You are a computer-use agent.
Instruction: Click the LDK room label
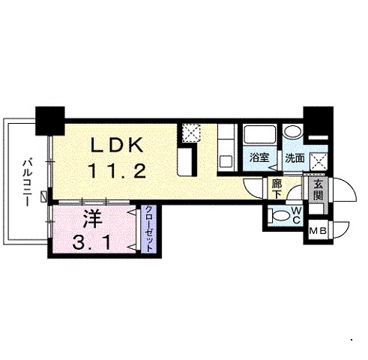[117, 145]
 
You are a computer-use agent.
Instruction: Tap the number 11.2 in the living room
[116, 170]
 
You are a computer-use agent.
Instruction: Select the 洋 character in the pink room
[93, 219]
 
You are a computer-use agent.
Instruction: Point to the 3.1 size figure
[91, 243]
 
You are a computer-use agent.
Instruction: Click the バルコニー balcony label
[27, 182]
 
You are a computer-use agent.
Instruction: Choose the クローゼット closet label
[149, 228]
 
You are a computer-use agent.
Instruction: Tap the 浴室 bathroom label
[259, 157]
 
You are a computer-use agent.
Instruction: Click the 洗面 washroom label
[295, 157]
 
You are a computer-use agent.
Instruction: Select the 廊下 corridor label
[277, 189]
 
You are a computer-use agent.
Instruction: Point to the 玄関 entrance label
[318, 190]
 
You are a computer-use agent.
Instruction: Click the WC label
[296, 215]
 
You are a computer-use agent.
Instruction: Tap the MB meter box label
[318, 231]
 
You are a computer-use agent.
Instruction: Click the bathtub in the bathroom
[259, 134]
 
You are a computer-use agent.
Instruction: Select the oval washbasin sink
[293, 131]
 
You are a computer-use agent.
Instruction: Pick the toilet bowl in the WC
[279, 215]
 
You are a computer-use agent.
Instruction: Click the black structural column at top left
[50, 121]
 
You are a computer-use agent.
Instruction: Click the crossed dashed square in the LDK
[190, 133]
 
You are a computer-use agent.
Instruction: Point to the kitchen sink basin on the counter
[226, 161]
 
